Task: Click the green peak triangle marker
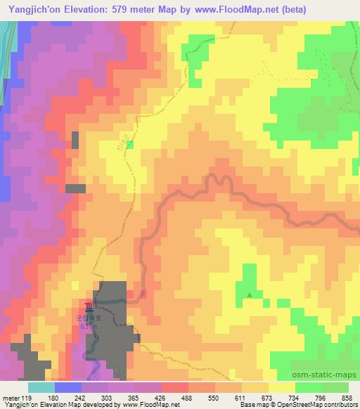click(250, 294)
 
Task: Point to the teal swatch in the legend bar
click(41, 387)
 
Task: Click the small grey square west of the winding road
click(79, 188)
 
